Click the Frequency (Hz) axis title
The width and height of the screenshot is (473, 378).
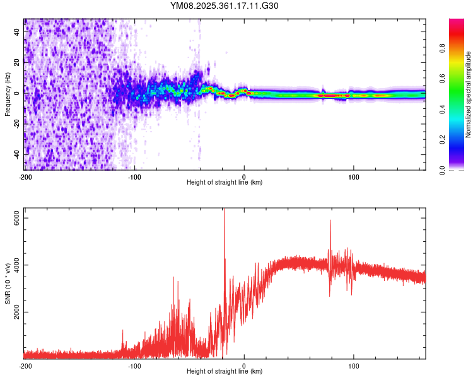click(8, 94)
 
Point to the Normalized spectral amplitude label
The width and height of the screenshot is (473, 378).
click(469, 94)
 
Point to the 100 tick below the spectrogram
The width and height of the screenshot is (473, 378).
click(354, 177)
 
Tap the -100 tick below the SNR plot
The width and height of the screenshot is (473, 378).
click(134, 366)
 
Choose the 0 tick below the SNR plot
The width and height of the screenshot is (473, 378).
click(244, 366)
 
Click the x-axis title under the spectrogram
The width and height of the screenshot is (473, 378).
click(225, 183)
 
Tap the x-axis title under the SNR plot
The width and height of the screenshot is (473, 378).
click(225, 372)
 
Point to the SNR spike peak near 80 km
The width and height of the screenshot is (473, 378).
click(330, 220)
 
